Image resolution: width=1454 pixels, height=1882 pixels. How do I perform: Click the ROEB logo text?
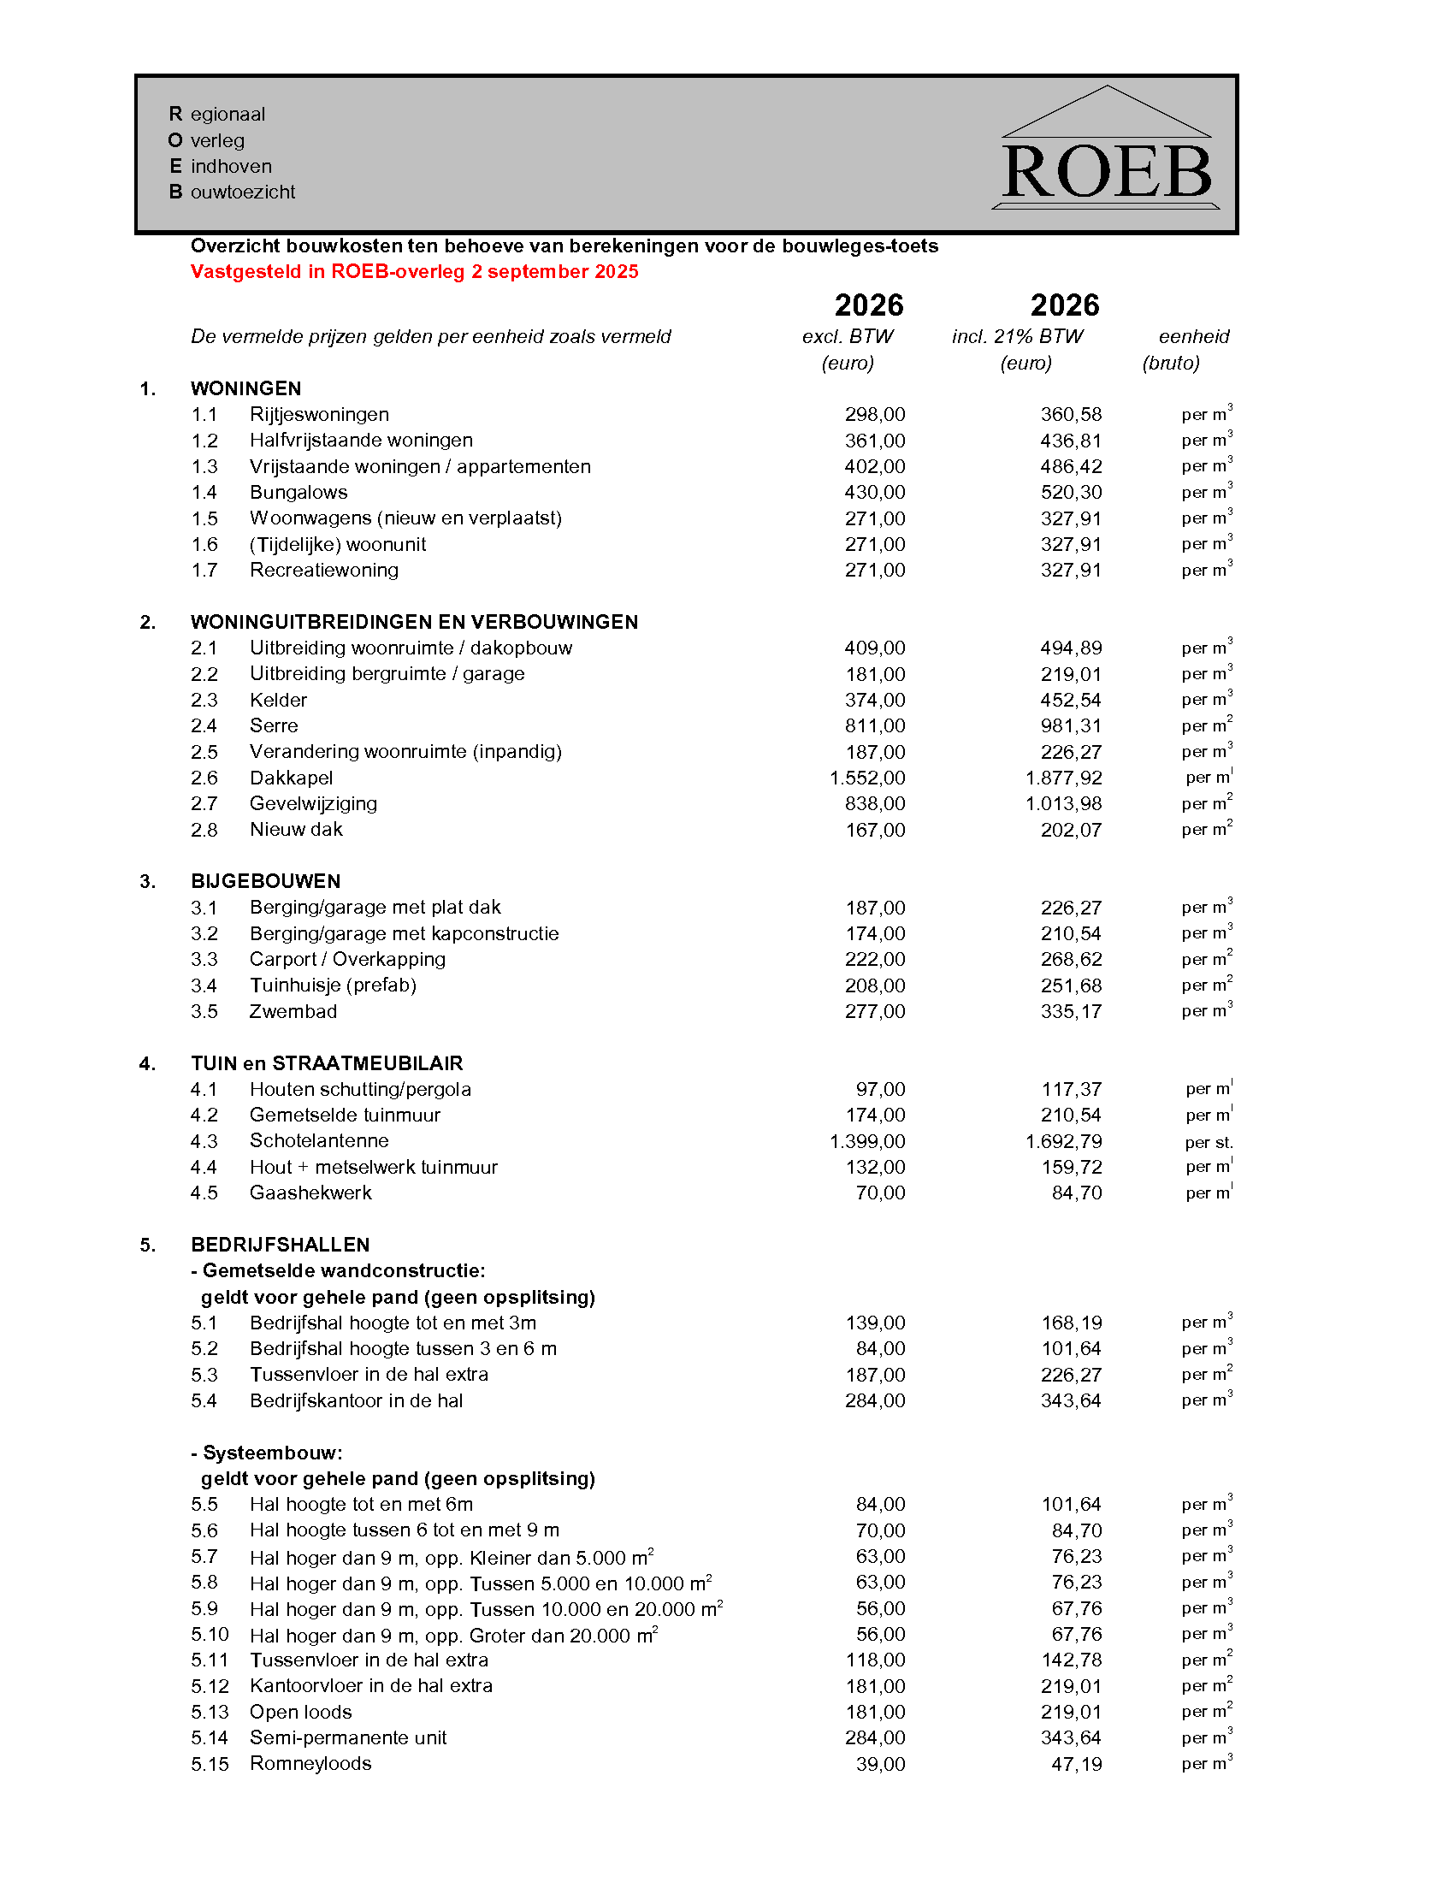pos(1107,172)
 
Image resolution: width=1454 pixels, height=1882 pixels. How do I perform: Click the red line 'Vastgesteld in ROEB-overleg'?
pos(414,272)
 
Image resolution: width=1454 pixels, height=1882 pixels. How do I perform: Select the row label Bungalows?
pos(298,493)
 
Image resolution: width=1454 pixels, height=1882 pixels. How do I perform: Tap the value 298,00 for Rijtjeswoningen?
pos(874,416)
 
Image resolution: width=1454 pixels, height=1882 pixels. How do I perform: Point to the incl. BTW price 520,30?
pos(1071,493)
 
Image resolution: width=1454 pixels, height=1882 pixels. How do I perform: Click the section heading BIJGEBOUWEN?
pos(265,881)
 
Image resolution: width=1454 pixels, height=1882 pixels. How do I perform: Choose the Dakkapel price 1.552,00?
pos(867,778)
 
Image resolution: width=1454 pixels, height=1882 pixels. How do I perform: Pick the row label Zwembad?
pos(293,1012)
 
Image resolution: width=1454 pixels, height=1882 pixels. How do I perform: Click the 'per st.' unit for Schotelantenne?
pos(1209,1143)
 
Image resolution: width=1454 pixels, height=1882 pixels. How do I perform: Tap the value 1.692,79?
pos(1063,1142)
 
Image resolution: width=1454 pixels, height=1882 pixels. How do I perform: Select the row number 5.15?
pos(210,1765)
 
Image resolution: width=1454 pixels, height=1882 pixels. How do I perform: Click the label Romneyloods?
pos(311,1764)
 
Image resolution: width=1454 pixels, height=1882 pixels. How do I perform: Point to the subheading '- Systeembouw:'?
pos(267,1453)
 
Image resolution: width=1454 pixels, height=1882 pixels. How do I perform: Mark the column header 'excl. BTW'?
pos(848,337)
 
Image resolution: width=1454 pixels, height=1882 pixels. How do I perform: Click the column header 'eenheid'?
pos(1194,337)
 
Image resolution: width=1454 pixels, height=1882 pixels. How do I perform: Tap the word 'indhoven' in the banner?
pos(231,166)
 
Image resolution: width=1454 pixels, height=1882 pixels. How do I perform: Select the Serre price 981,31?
pos(1071,726)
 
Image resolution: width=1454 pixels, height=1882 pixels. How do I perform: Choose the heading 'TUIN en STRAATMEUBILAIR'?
pos(327,1064)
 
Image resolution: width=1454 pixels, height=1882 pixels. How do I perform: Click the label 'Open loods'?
pos(300,1713)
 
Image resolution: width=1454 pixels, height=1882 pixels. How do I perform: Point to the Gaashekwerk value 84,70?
pos(1077,1193)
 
